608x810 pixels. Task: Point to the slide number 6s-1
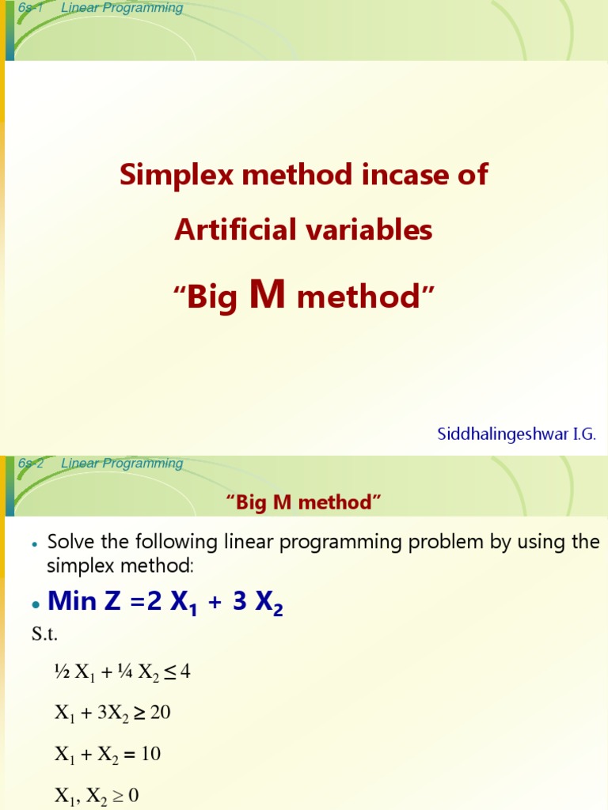tap(29, 9)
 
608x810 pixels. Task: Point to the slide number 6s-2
tap(30, 464)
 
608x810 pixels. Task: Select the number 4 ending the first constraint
tap(185, 672)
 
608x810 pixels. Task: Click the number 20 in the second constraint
tap(161, 713)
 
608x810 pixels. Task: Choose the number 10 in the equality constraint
tap(150, 754)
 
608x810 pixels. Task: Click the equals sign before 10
tap(129, 755)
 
